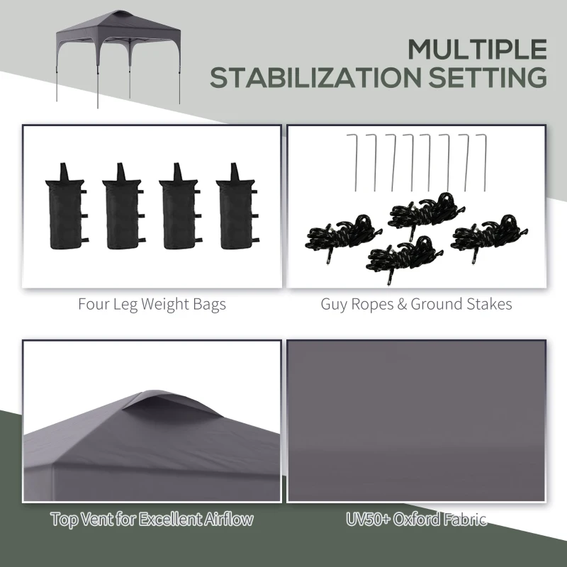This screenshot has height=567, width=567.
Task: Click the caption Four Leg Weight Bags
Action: pos(152,305)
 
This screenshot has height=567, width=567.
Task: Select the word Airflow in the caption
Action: pos(225,520)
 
